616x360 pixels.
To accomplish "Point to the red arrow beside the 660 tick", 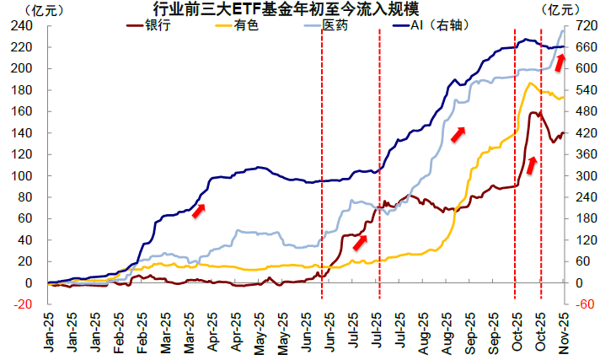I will (x=559, y=60).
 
